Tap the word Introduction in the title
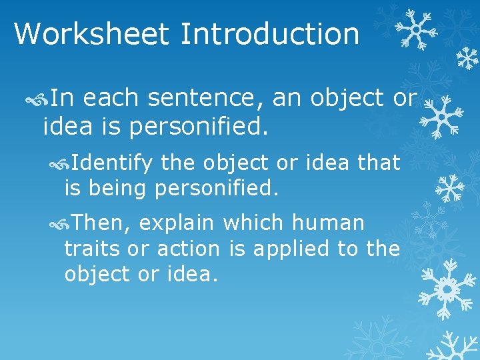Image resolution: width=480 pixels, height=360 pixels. coord(269,33)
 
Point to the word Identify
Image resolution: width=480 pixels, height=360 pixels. coord(112,162)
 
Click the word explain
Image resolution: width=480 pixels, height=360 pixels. coord(177,222)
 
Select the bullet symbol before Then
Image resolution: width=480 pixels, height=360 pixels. coord(59,223)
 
